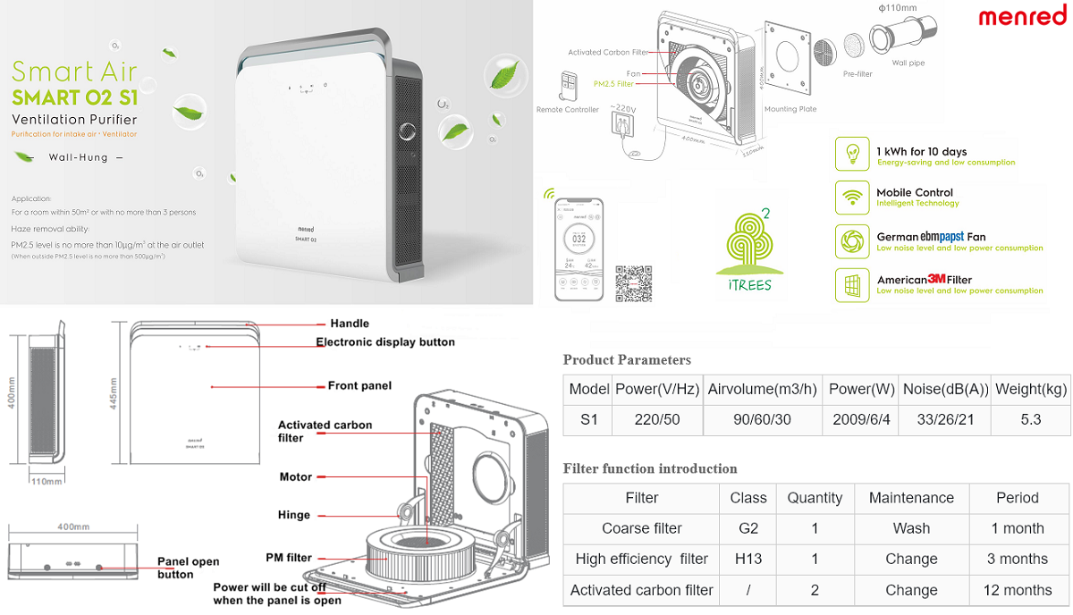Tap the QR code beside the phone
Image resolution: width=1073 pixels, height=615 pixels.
click(x=633, y=283)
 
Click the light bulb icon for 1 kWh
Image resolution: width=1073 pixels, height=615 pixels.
click(x=852, y=154)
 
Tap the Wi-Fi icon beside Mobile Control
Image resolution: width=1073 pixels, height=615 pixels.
click(x=852, y=197)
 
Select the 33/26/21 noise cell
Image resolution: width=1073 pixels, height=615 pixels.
click(x=944, y=419)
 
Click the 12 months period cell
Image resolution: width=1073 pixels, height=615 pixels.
click(x=1017, y=590)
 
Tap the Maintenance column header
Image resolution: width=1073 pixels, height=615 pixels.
click(x=910, y=498)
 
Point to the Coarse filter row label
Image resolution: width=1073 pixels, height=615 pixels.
click(x=641, y=528)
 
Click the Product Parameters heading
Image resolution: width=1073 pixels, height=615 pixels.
click(x=627, y=360)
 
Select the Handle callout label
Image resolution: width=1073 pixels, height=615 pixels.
click(x=350, y=324)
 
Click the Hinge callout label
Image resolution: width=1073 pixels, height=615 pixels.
click(x=294, y=515)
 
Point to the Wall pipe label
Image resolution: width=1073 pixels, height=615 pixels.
click(x=910, y=63)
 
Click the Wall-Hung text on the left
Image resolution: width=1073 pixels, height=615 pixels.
click(x=80, y=157)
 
